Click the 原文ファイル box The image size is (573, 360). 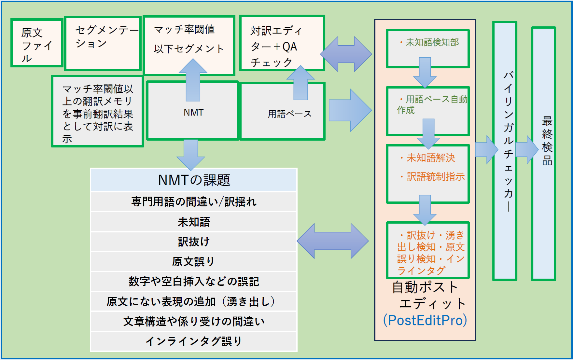36,43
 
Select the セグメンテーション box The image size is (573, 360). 103,43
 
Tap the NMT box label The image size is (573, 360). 193,113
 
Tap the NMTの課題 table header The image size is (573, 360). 194,180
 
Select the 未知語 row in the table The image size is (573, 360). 194,222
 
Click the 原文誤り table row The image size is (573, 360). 194,261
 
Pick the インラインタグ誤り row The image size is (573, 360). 194,341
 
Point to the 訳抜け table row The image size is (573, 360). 194,242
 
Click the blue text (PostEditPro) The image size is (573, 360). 425,320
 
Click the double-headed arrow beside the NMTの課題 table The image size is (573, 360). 332,241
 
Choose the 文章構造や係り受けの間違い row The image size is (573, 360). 194,321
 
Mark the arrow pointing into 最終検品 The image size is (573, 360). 527,150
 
